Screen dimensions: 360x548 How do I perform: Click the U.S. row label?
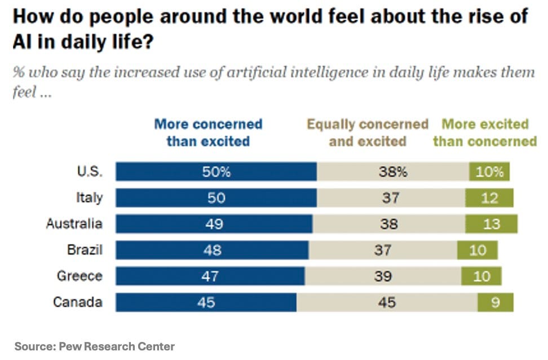89,172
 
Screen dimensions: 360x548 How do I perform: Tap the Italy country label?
89,197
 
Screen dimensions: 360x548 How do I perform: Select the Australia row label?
74,223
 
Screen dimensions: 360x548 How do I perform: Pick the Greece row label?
79,276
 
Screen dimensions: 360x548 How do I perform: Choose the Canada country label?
78,302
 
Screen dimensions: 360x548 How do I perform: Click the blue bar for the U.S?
216,172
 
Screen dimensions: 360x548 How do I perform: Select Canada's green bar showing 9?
495,302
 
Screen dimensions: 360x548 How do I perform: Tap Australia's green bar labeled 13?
491,224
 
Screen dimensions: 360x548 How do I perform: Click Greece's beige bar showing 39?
383,276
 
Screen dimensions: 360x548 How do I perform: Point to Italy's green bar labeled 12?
489,198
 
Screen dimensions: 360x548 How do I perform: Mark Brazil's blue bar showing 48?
212,250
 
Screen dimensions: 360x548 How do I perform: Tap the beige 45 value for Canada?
387,302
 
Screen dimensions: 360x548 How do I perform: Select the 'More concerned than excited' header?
208,133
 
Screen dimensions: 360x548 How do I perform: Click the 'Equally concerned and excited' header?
368,133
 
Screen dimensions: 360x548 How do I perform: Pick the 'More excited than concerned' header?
485,133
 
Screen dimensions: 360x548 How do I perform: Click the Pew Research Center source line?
95,346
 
